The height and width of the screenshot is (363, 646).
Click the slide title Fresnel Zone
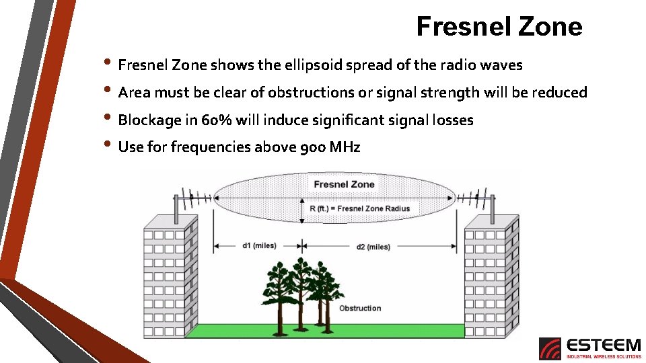499,26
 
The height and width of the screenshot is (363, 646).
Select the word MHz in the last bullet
345,147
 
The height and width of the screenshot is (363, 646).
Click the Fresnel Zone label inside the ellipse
344,184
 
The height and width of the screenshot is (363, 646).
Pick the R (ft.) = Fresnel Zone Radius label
364,208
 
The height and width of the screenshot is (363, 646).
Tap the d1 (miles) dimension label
259,245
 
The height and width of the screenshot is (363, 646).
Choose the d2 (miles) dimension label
373,247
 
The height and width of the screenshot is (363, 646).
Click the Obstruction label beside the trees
360,309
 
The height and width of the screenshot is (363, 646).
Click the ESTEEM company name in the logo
604,345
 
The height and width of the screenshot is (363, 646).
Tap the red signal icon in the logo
550,349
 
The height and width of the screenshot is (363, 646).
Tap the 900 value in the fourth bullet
313,147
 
